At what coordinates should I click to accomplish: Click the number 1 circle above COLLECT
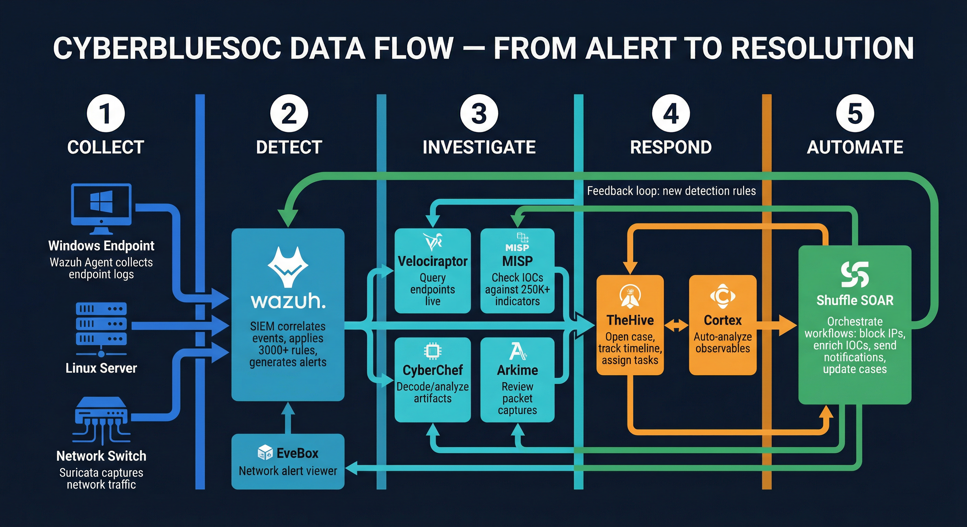tap(105, 113)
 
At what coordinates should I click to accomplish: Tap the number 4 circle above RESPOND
tap(670, 113)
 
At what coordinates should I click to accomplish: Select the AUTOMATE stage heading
tap(855, 147)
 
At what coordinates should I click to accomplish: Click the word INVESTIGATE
tap(479, 147)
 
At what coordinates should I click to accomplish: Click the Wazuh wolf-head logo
tap(288, 267)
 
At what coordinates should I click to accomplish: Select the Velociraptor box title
tap(432, 261)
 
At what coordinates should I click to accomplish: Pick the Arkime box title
tap(517, 370)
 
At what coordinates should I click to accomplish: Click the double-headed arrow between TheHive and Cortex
tap(676, 325)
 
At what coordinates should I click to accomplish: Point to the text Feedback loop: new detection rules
tap(671, 191)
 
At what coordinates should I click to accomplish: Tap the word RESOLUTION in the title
tap(822, 48)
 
